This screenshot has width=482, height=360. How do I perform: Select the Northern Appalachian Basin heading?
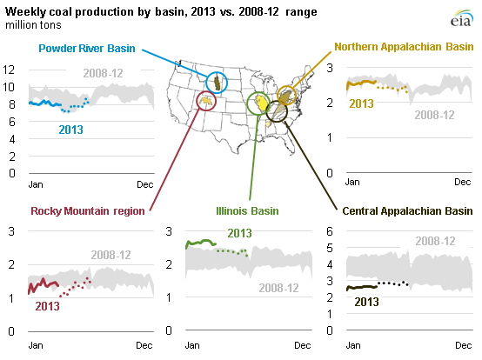click(x=403, y=46)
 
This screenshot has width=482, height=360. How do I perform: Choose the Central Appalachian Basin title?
click(x=407, y=210)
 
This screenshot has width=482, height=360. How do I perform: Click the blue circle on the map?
click(x=216, y=83)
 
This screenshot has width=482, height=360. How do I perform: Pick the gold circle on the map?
click(x=286, y=95)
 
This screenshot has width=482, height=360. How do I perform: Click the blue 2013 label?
click(x=71, y=130)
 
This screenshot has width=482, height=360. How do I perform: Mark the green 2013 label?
click(x=239, y=232)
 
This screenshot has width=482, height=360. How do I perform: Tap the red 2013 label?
click(x=47, y=305)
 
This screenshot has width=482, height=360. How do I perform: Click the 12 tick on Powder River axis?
click(x=10, y=70)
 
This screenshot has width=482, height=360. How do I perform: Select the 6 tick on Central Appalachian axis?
click(x=331, y=230)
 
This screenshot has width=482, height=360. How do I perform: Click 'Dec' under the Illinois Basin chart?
click(x=301, y=346)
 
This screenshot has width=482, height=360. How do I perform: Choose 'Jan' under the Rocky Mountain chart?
click(x=36, y=346)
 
